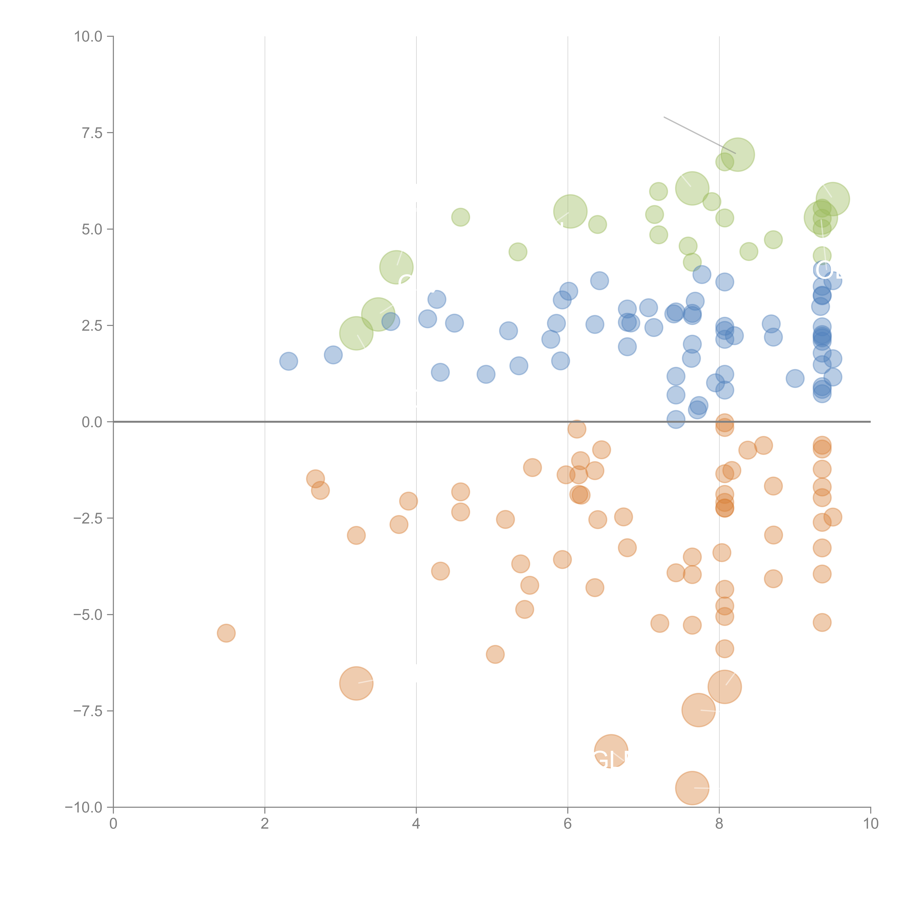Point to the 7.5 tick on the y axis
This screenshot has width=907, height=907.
click(92, 133)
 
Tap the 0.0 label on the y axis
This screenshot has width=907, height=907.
click(92, 422)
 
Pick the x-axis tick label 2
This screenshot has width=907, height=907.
click(265, 824)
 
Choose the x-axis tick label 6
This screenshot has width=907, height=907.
click(568, 824)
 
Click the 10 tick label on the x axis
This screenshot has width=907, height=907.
click(870, 824)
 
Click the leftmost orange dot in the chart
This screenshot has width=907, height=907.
click(226, 633)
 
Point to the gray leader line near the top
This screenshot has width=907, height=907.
click(699, 135)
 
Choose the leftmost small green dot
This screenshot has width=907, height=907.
click(461, 217)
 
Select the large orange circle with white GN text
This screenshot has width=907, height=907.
click(611, 751)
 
